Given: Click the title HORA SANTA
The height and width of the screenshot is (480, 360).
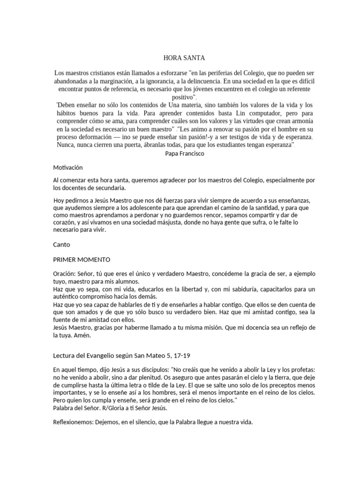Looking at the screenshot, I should coord(180,58).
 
